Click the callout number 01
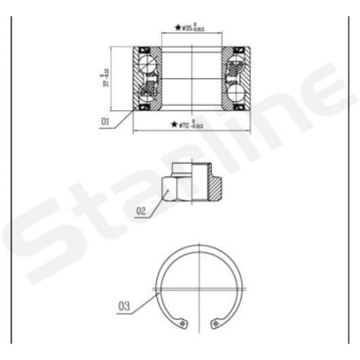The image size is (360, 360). (x=105, y=122)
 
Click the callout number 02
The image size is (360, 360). (x=141, y=211)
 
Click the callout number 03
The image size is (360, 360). (x=124, y=306)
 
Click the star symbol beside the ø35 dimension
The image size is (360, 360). (x=178, y=28)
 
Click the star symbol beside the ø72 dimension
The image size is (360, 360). (x=175, y=125)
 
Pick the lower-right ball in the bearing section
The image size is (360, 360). (x=238, y=91)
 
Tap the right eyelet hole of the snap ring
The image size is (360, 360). (x=219, y=324)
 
